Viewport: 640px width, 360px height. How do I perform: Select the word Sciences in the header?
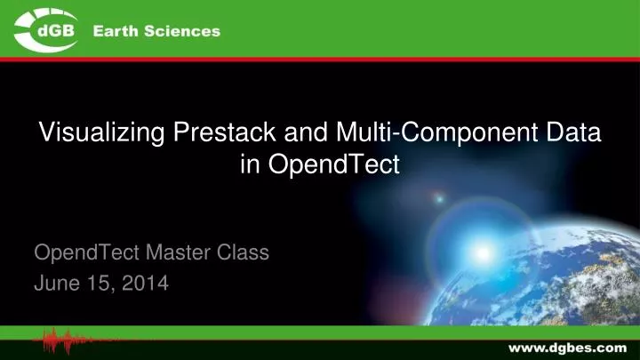coord(184,31)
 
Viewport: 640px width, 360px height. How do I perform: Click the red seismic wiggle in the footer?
coord(71,341)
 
